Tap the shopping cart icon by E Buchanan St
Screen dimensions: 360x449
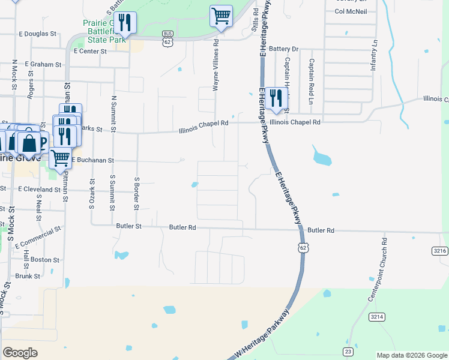coord(60,159)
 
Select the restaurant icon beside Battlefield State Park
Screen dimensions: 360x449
coord(125,23)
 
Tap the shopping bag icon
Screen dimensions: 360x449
coord(29,143)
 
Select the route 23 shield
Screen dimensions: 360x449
coord(348,351)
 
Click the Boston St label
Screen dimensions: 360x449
coord(45,260)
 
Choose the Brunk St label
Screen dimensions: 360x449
coord(27,277)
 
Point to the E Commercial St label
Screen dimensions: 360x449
coord(38,237)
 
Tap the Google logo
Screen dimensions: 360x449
coord(20,352)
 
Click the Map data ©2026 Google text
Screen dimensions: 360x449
coord(412,355)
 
